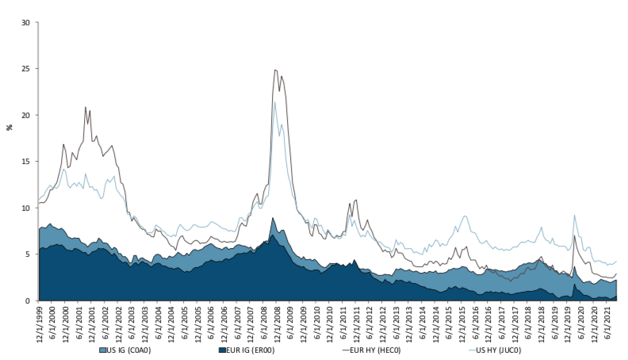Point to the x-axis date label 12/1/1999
[x=39, y=321]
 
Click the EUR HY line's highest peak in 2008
[x=275, y=70]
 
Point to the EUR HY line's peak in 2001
[x=86, y=107]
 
